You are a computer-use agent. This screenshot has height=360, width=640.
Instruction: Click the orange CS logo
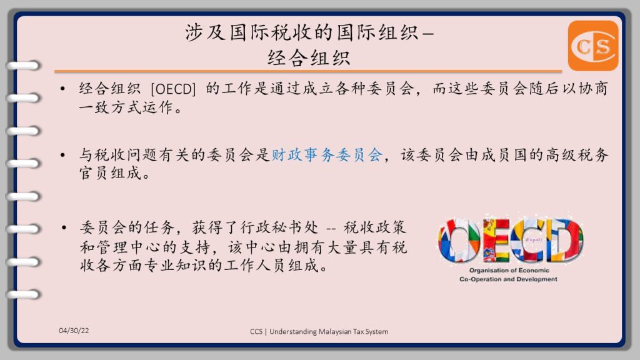coord(592,46)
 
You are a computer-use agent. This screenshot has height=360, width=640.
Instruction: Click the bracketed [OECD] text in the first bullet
coord(173,89)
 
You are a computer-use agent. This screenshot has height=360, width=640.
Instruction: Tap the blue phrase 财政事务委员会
coord(327,155)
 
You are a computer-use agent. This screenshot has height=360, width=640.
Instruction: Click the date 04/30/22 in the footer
coord(74,331)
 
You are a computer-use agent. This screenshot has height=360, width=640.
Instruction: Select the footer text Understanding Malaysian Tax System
coord(329,331)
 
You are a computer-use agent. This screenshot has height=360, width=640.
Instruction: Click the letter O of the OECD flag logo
coord(459,241)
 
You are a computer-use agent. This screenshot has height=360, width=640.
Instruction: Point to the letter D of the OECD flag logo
coord(564,240)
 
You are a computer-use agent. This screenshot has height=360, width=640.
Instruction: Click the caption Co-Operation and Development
coord(508,279)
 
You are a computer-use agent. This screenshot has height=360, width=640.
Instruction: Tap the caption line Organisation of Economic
coord(509,270)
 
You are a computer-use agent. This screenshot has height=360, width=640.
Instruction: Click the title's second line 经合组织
coord(309,57)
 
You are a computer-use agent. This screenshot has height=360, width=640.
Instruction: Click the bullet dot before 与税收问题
coord(62,155)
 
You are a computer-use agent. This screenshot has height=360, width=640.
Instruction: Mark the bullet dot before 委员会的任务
coord(63,227)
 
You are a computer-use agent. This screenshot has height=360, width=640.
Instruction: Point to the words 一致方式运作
coord(126,107)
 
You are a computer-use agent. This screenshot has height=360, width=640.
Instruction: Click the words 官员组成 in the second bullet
coord(110,173)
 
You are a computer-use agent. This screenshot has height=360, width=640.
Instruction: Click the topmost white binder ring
coord(24,65)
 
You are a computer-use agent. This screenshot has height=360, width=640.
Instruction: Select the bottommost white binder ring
coord(24,294)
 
